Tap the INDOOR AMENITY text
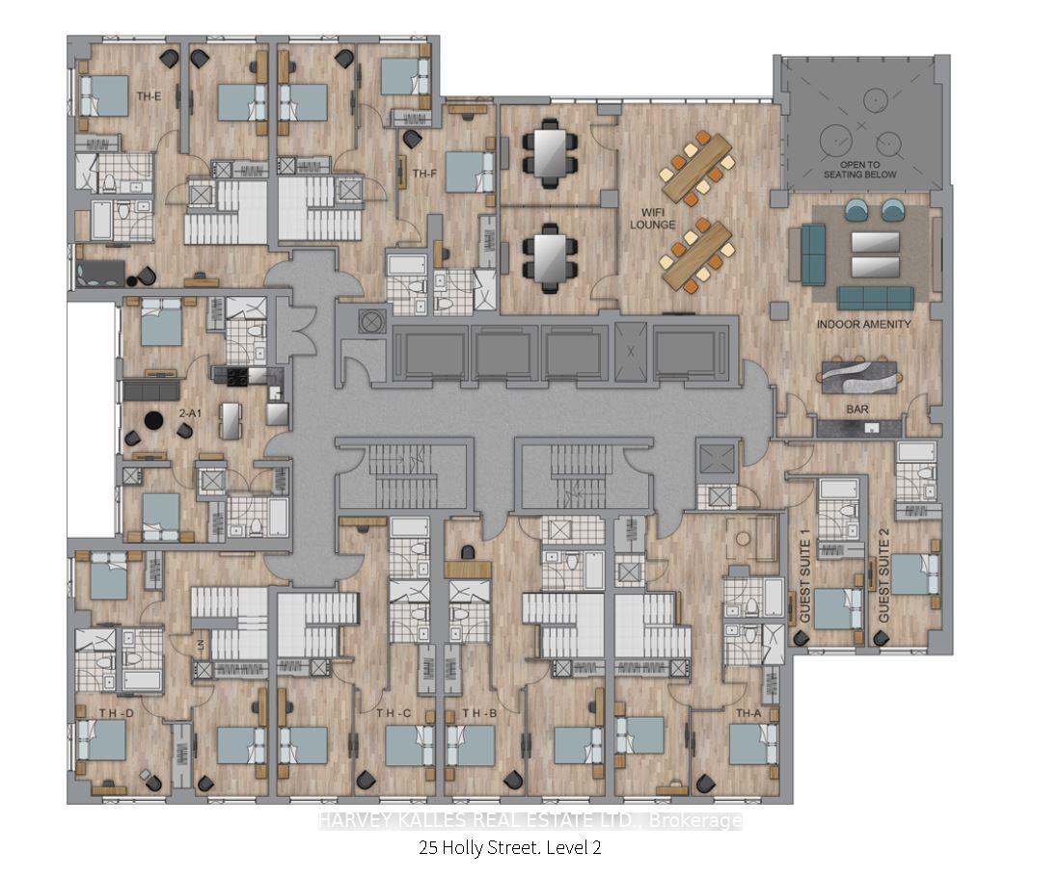863,325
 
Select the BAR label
856,409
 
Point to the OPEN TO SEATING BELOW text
859,169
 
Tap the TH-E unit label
148,96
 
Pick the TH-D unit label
116,712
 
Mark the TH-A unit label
749,713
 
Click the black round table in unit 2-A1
153,420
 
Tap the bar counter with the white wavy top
857,374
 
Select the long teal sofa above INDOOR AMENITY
875,298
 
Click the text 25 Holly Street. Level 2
511,848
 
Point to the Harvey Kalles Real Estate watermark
530,821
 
